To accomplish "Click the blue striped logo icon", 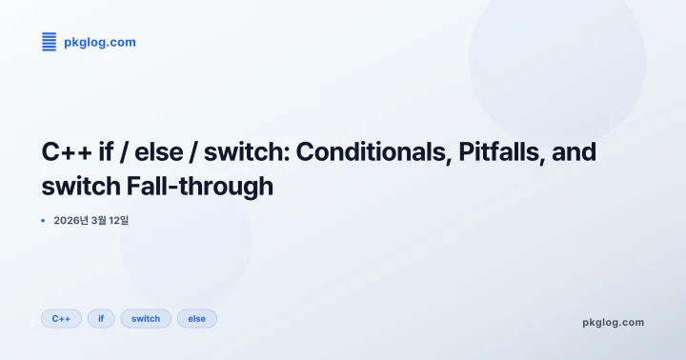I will [50, 42].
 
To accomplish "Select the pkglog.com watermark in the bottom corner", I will [613, 322].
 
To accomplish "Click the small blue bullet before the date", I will [43, 220].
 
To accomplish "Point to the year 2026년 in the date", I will [71, 220].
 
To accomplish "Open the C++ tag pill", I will [61, 318].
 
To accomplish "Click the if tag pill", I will [101, 318].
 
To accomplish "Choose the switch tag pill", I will [146, 318].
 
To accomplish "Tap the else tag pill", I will [197, 318].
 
